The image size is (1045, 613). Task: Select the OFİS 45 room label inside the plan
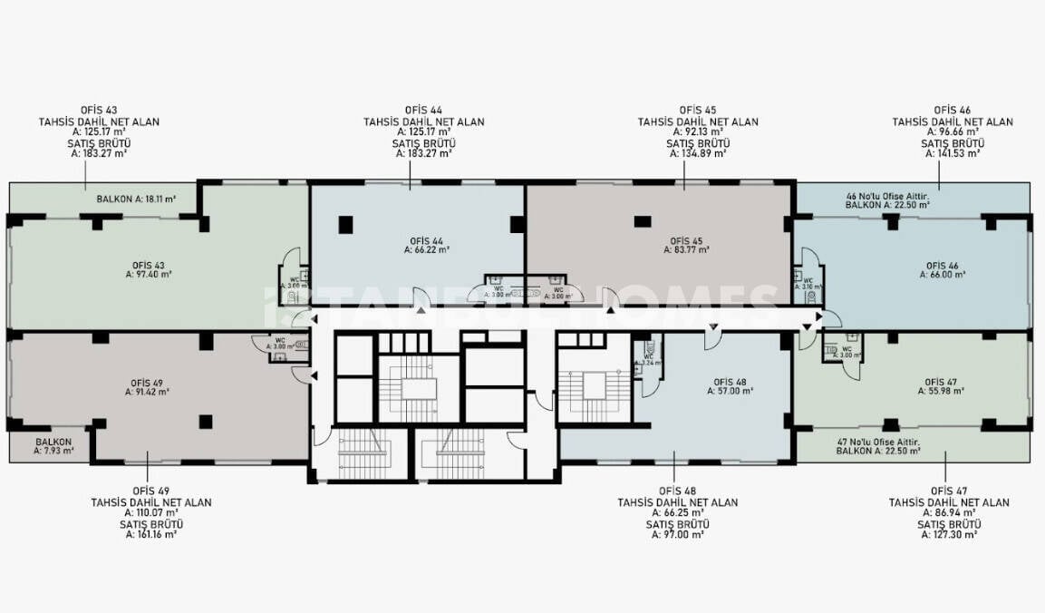(685, 240)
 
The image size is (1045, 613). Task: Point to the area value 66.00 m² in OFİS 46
(941, 274)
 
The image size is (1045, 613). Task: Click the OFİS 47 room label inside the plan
(941, 382)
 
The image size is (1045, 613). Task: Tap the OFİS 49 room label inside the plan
(147, 384)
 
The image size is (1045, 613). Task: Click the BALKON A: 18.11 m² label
(136, 198)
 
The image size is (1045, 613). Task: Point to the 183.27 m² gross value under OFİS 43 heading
(98, 154)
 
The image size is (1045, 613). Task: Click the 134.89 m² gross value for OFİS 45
(698, 154)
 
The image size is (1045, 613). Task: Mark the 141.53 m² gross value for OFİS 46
(953, 154)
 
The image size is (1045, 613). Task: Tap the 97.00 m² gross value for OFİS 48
(677, 535)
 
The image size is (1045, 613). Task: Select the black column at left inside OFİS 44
(345, 223)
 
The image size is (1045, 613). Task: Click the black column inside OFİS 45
(642, 220)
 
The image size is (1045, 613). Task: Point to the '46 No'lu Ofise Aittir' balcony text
(893, 196)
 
